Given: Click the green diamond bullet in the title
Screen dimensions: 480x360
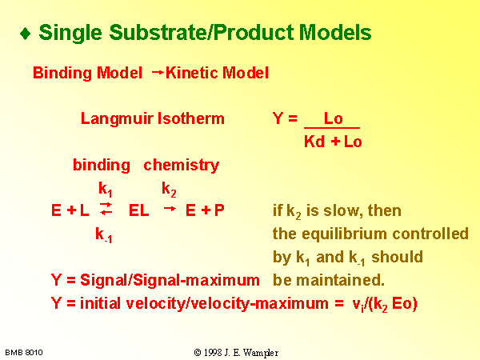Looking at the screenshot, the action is [25, 34].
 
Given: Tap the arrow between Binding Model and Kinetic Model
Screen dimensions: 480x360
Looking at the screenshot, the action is [158, 72].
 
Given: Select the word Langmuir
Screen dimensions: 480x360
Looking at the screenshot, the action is [117, 119].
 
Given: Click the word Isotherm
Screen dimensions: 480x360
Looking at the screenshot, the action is [190, 118].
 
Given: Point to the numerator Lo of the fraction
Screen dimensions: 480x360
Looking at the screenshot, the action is [333, 118].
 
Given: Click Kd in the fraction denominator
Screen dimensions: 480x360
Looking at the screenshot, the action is [314, 142].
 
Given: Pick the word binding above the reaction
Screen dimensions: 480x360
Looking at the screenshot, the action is [102, 166].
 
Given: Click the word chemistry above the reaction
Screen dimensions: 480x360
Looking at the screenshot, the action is [182, 166].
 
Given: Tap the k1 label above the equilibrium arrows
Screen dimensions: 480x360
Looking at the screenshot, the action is [106, 189].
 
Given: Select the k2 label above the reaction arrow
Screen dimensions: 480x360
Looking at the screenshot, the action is [169, 189].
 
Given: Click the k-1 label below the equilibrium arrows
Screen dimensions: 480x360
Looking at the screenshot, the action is [104, 235].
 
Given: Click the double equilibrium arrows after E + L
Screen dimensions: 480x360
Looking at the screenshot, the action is [106, 209].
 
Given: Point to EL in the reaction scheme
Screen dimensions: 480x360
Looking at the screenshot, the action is [139, 210].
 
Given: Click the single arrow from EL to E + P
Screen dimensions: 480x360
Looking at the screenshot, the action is [170, 209].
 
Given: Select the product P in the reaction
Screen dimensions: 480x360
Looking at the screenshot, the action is [219, 210].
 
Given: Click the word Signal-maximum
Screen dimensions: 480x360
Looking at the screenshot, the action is [197, 281].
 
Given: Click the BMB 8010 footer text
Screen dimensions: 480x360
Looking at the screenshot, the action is [24, 353].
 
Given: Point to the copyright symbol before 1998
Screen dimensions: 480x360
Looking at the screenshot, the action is [198, 353].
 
